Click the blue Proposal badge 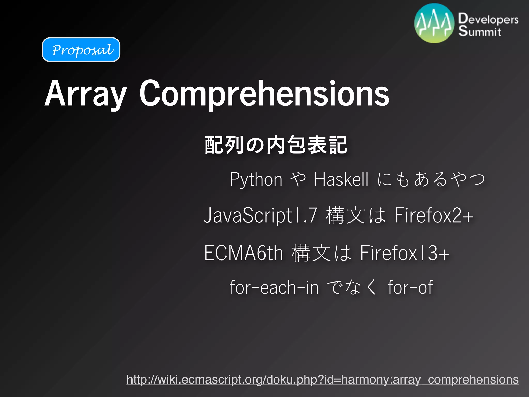click(81, 50)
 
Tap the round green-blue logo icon click(434, 23)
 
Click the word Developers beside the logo click(488, 19)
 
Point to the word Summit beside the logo click(480, 31)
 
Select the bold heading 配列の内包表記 click(276, 145)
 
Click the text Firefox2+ click(434, 215)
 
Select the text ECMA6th click(243, 253)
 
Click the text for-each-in click(274, 287)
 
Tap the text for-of click(410, 287)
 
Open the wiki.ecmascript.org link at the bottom click(322, 379)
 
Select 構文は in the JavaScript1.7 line click(356, 215)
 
